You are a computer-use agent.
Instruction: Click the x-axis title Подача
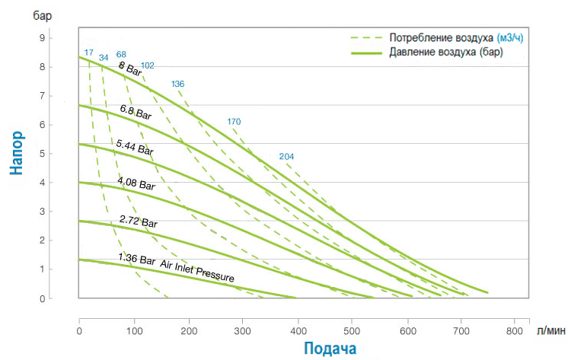[x=329, y=348]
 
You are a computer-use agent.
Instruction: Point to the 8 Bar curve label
[x=130, y=68]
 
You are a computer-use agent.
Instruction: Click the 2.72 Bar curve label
[x=138, y=222]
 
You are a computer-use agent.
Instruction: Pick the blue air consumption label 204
[x=286, y=157]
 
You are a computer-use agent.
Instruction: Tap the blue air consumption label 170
[x=234, y=122]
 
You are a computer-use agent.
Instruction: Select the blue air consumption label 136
[x=177, y=84]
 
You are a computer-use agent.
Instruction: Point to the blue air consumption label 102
[x=148, y=65]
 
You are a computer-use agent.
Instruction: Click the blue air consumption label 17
[x=89, y=53]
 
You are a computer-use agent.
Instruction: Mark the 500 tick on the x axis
[x=352, y=331]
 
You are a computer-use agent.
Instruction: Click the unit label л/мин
[x=549, y=331]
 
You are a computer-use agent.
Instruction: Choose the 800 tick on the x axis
[x=515, y=331]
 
